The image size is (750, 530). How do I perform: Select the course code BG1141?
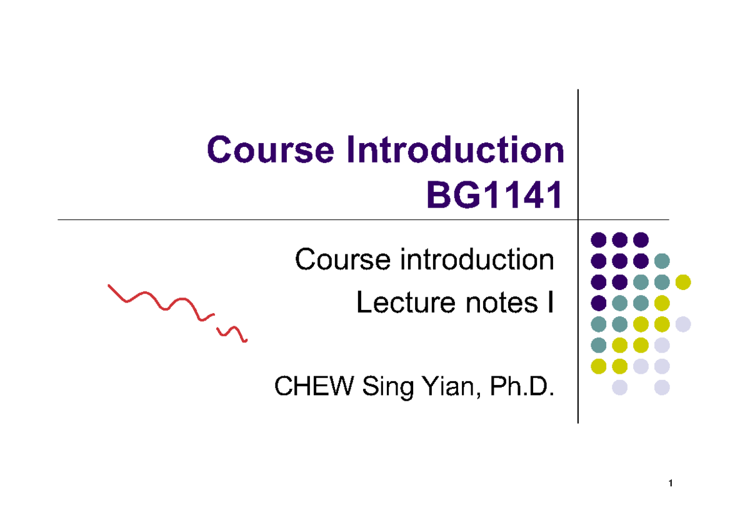point(493,196)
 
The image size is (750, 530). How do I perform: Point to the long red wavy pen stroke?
point(159,303)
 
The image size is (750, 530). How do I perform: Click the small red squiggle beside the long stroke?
point(232,334)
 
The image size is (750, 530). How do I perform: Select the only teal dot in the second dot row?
point(662,261)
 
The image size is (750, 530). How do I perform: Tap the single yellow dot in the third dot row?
point(683,282)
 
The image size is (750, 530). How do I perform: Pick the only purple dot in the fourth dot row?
point(599,303)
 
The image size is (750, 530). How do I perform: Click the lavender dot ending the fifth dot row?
point(683,324)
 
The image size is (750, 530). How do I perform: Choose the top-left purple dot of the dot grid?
point(599,239)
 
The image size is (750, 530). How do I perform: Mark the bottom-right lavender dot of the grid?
point(662,387)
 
